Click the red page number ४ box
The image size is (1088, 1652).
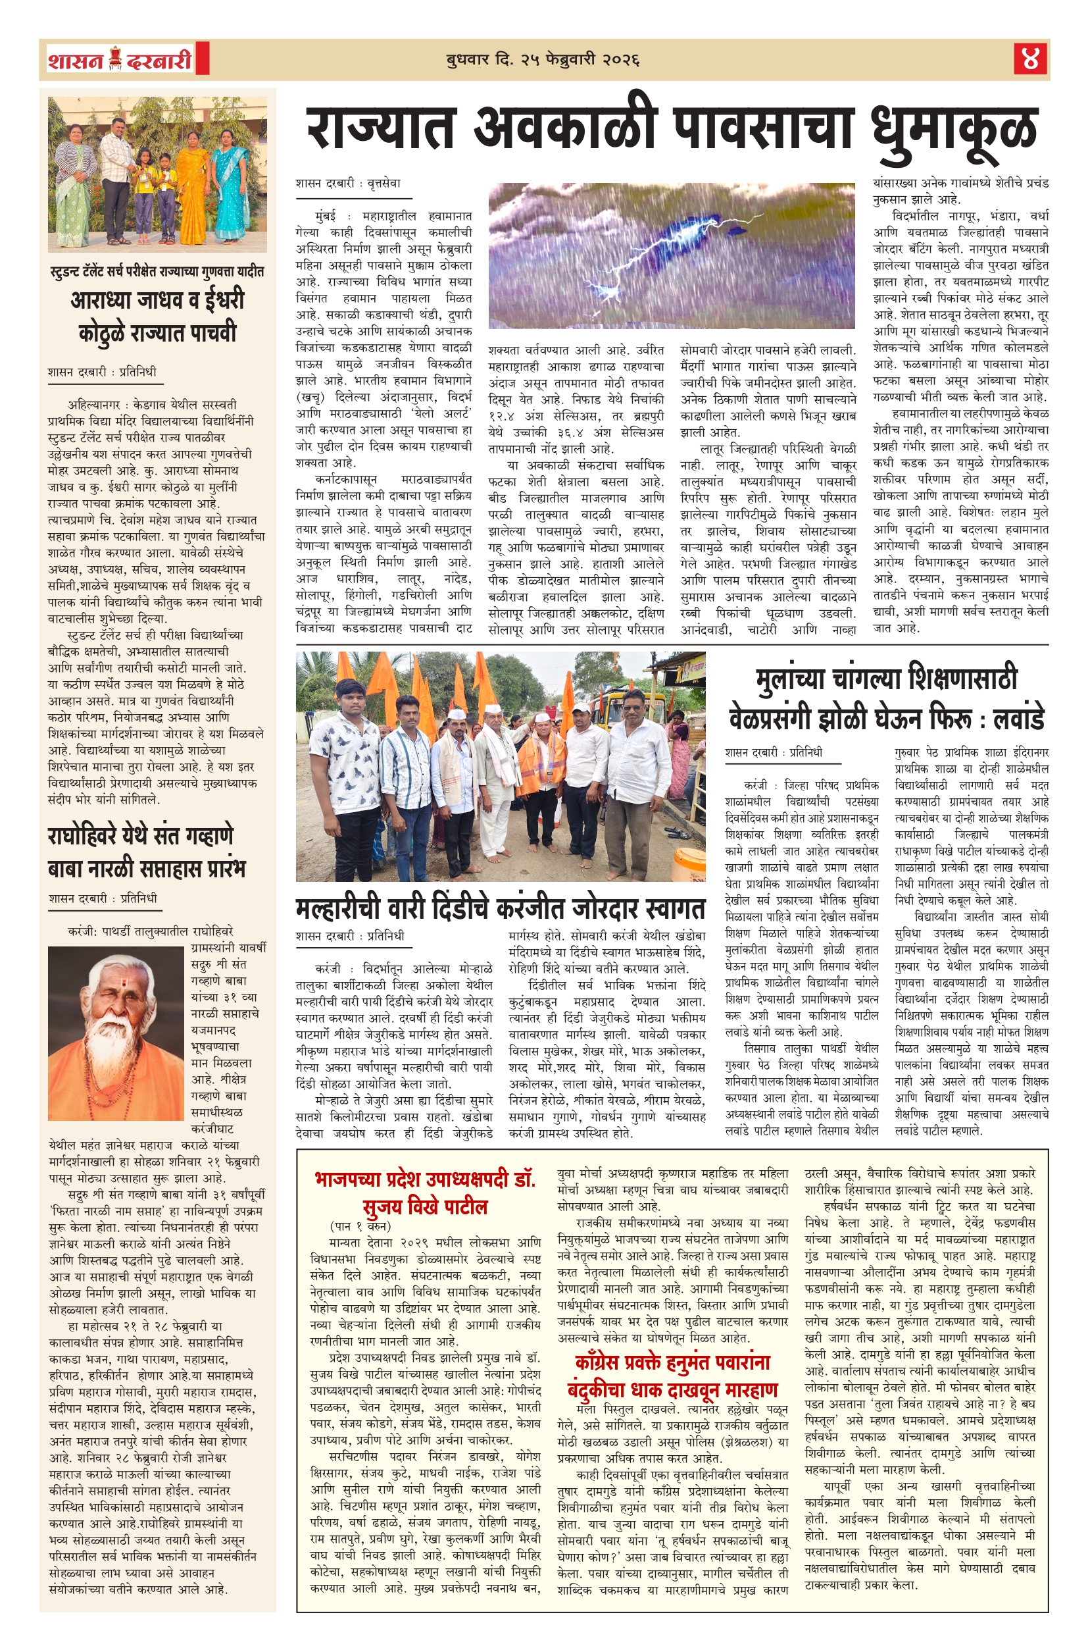[1030, 59]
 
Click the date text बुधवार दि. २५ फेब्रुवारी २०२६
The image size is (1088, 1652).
[543, 60]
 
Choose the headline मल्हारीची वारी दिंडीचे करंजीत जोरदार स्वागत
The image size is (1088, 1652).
[501, 908]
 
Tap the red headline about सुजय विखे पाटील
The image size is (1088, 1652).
[425, 1193]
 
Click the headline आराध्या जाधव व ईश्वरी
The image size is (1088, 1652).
[157, 301]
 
